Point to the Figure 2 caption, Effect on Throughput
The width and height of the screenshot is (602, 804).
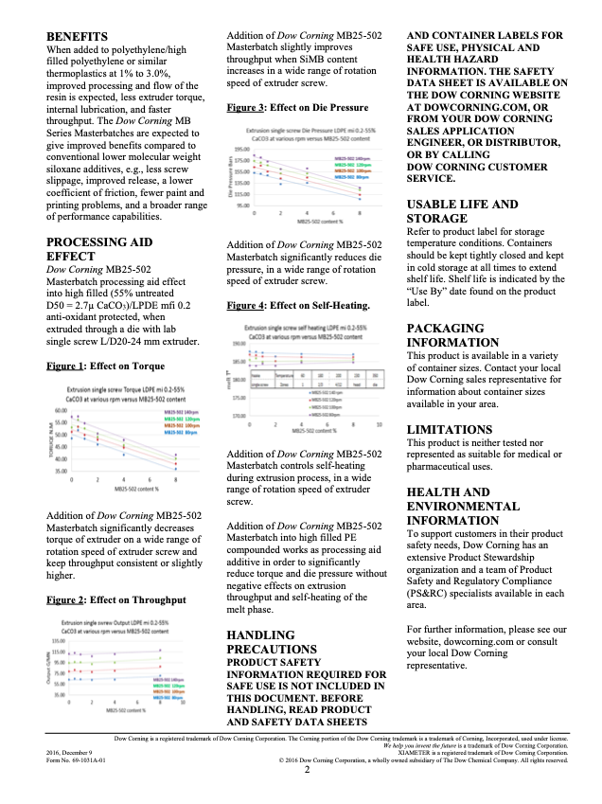[x=115, y=599]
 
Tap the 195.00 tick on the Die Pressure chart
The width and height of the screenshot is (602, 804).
[x=243, y=149]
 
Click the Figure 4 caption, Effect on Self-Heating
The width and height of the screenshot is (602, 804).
[x=298, y=306]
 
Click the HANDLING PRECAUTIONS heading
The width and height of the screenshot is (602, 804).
[x=274, y=642]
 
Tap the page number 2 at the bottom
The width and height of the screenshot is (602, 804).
[x=307, y=770]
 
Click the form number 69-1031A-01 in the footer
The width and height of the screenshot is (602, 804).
[x=76, y=759]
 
